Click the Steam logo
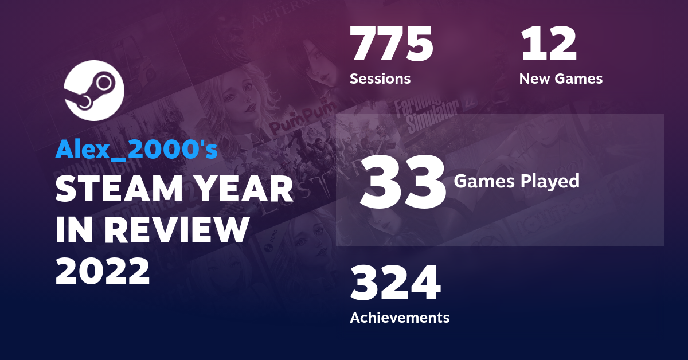(95, 91)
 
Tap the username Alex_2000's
(136, 150)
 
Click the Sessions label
(380, 79)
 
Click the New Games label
(561, 79)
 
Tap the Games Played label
(517, 181)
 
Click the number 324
(396, 284)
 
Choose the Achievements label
(400, 317)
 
